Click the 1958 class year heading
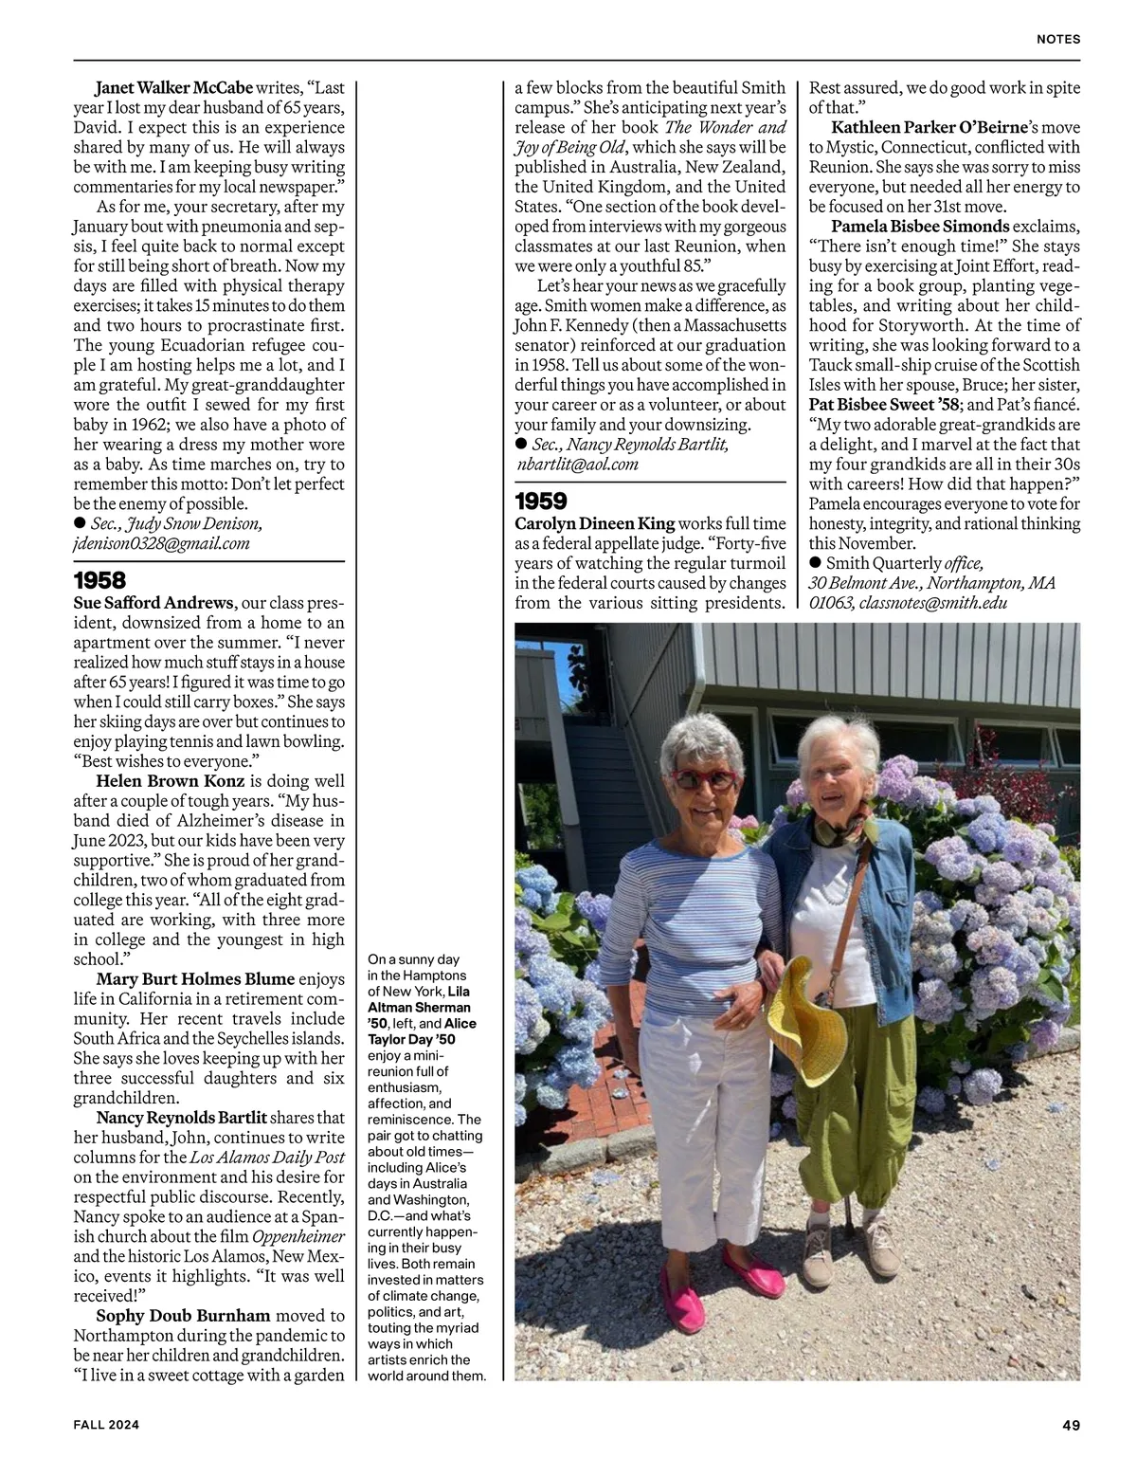(x=99, y=580)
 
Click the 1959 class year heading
(x=541, y=501)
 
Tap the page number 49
(x=1071, y=1424)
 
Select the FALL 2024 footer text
(x=107, y=1424)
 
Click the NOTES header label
(x=1058, y=40)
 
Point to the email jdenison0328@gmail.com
(x=161, y=543)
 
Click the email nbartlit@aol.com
(x=577, y=464)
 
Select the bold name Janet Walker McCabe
(x=174, y=88)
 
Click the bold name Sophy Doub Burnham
(x=183, y=1316)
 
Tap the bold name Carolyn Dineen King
(x=595, y=523)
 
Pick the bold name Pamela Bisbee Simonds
(x=920, y=227)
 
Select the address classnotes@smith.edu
(x=933, y=603)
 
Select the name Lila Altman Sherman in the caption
(x=419, y=999)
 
